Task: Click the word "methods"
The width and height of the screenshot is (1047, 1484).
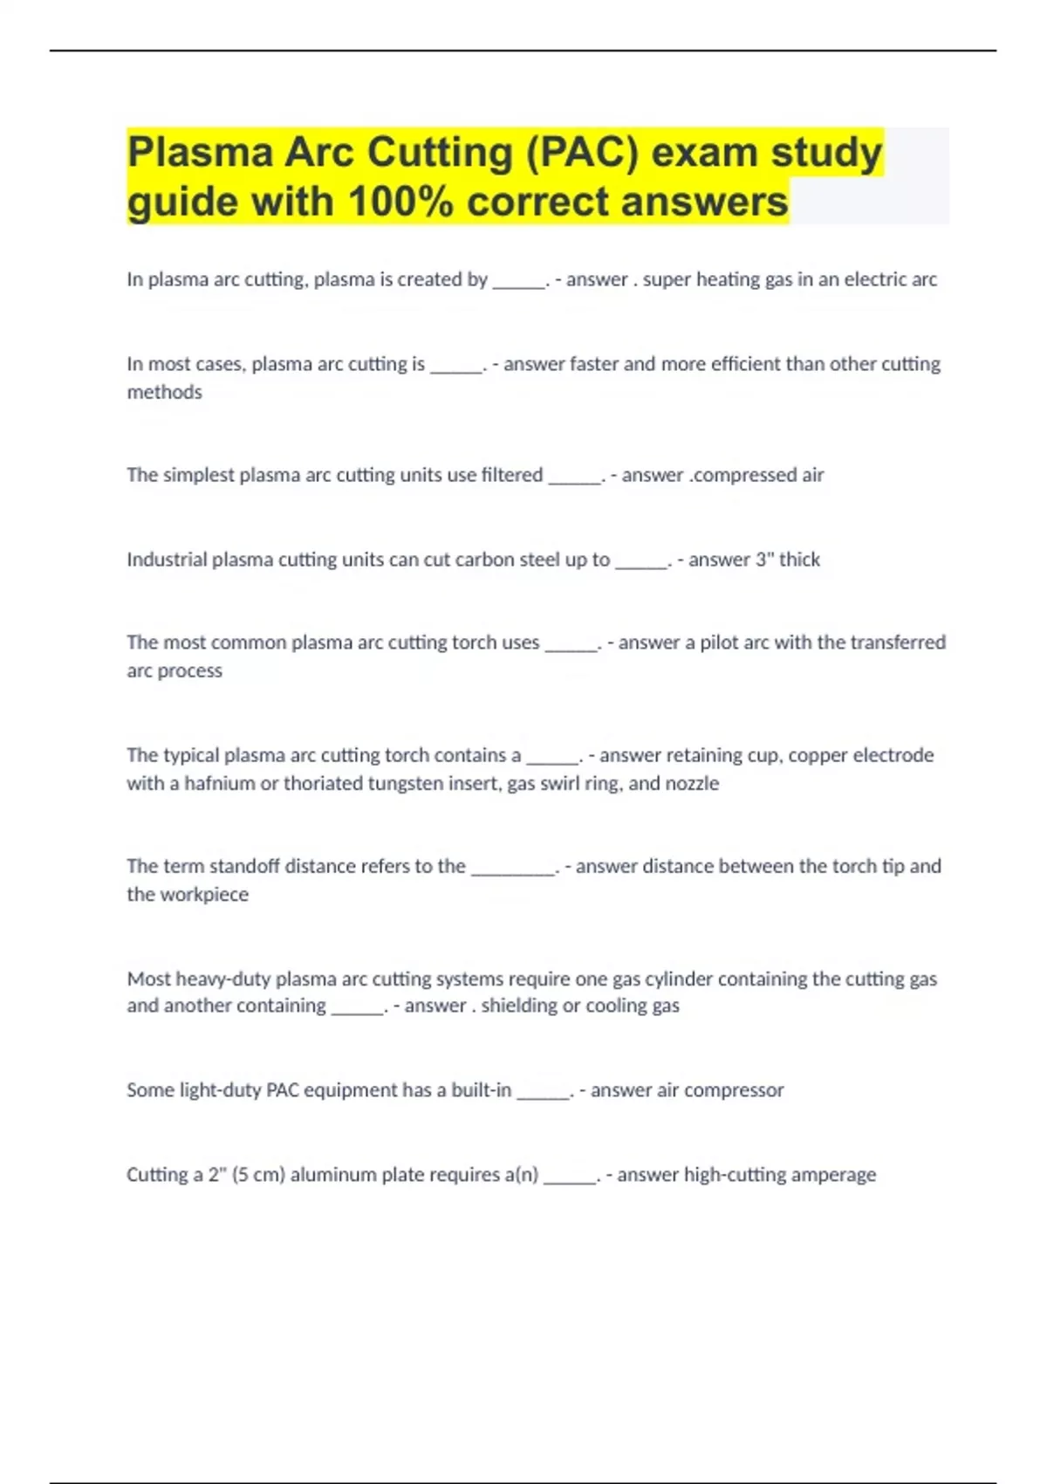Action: click(164, 393)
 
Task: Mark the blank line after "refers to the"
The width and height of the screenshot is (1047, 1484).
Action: click(513, 870)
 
